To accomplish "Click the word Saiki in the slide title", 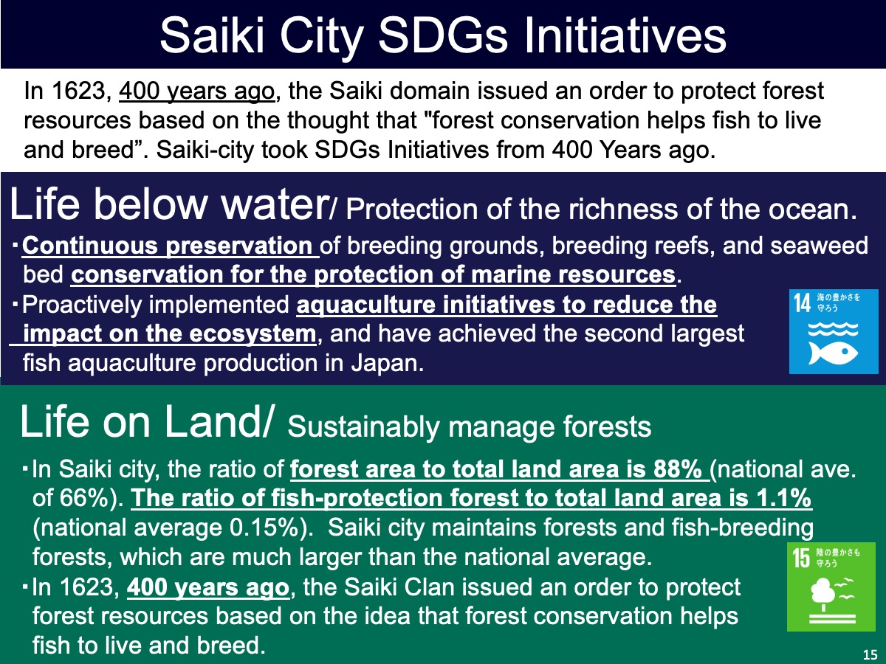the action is [213, 35].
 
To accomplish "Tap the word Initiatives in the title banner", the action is [625, 35].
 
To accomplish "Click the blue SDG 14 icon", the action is [834, 331].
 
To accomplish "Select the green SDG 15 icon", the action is [831, 587].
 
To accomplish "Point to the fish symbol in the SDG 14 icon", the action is [833, 353].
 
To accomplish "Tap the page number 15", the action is [870, 654].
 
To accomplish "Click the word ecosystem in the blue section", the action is [253, 334].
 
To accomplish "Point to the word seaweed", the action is [819, 246].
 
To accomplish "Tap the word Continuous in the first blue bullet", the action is [89, 246].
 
